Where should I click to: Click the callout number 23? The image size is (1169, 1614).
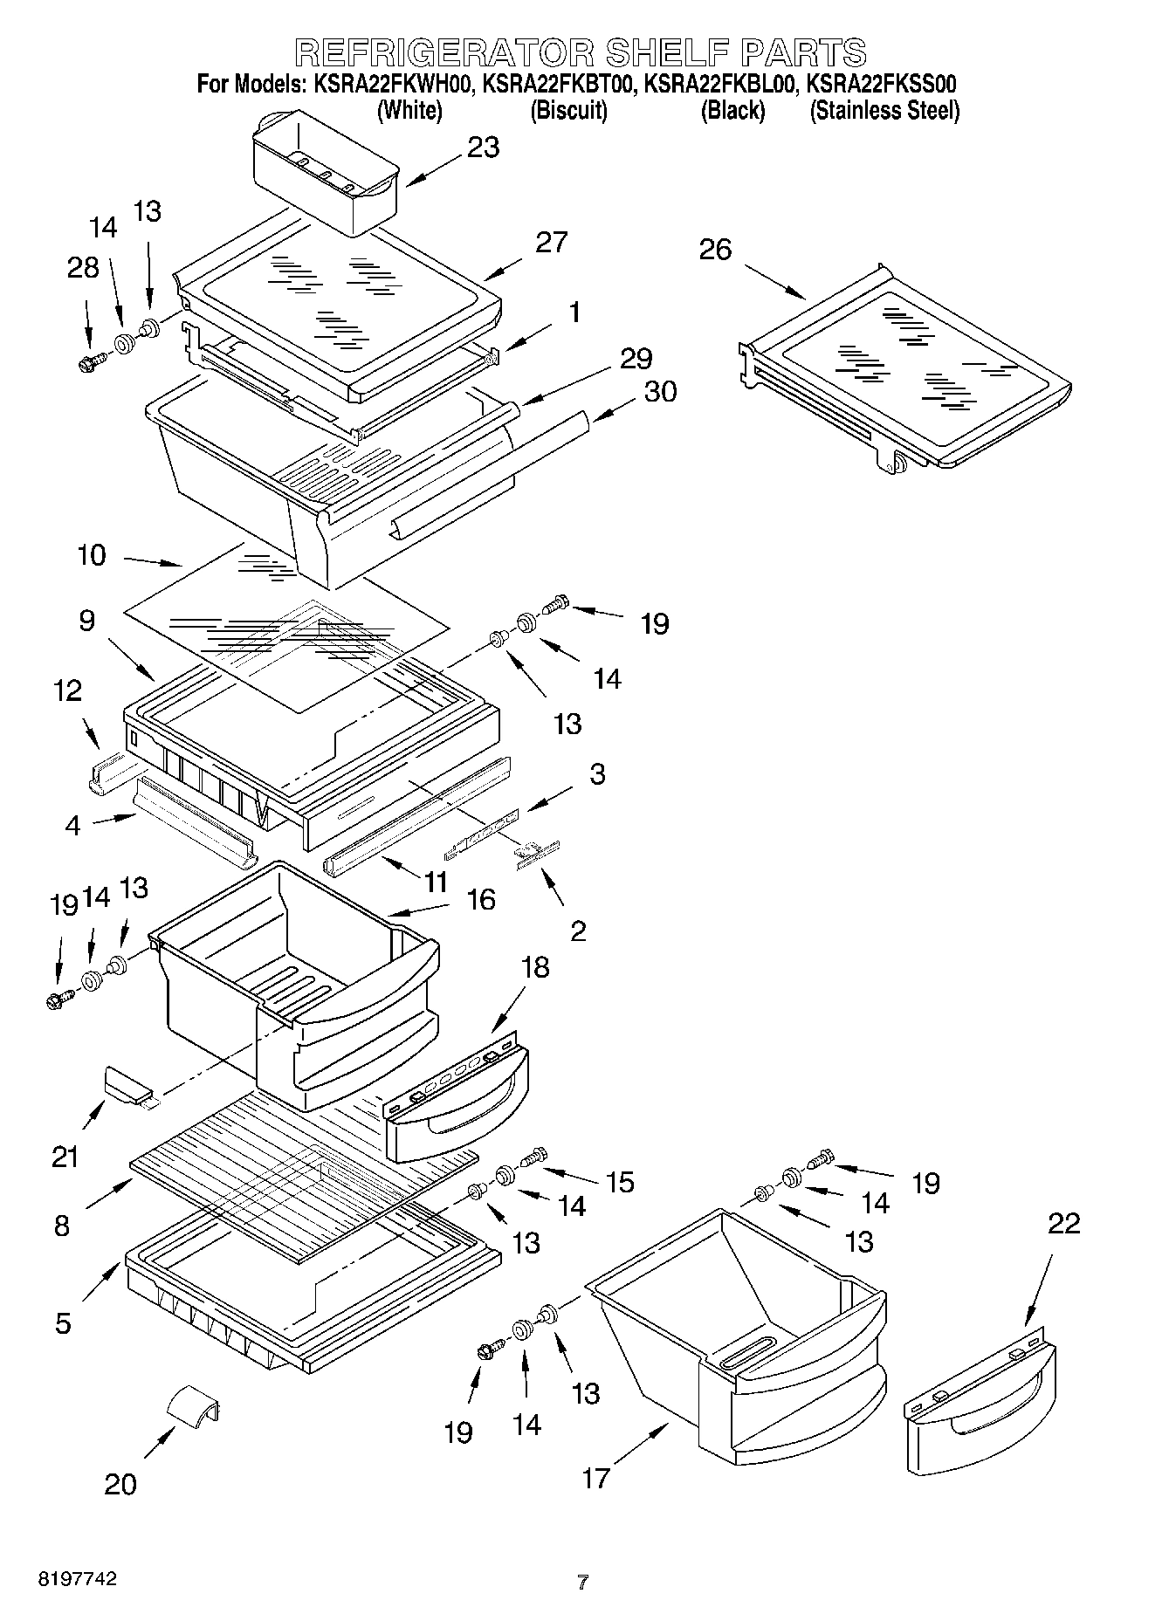[483, 148]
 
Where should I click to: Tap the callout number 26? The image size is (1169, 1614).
[715, 251]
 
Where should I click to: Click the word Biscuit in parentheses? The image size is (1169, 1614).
[568, 111]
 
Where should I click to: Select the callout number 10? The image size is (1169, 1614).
[92, 555]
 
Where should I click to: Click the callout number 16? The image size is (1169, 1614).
[481, 898]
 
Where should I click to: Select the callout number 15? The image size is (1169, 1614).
[620, 1183]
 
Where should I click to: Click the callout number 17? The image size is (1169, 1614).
[595, 1478]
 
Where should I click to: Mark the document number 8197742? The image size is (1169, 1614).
[77, 1579]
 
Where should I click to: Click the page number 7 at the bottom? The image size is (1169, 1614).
[582, 1582]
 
